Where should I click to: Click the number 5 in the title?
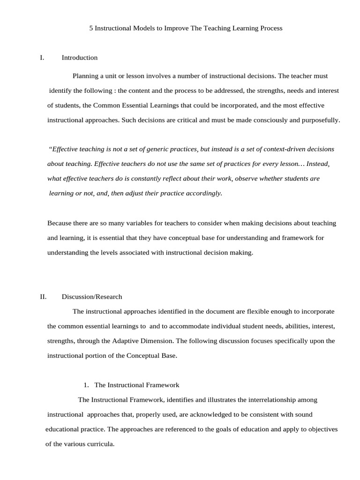pos(91,28)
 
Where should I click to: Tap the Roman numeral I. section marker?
pos(42,58)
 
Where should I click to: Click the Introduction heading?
pos(80,58)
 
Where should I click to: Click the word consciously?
pos(269,120)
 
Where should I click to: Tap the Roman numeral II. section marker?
pos(43,297)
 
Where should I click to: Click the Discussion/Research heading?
pos(92,297)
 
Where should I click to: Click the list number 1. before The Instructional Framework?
pos(86,385)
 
